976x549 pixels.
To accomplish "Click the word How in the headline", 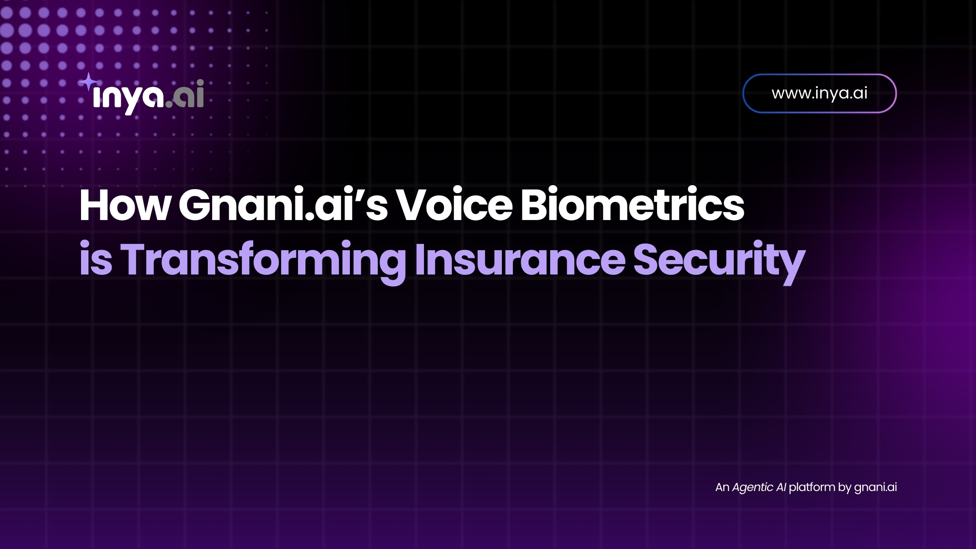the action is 125,205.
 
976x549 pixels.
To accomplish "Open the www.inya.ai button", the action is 820,93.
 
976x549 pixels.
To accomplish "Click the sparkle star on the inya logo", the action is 88,82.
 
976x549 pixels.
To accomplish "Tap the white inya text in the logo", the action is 128,98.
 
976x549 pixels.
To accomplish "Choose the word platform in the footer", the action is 812,488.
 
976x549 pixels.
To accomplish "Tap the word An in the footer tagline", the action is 722,487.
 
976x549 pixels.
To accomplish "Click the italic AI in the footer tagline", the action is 781,487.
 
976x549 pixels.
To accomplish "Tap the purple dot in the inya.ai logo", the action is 169,103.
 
